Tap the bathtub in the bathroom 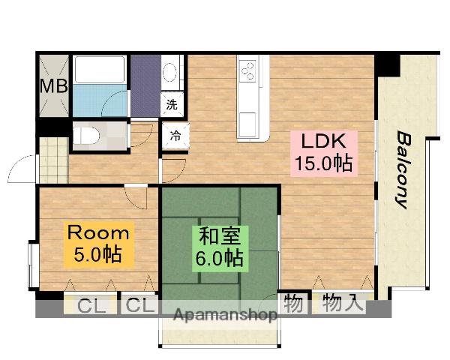(x=101, y=70)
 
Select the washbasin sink (x=171, y=73)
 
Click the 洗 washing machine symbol (x=172, y=105)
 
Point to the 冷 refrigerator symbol (x=174, y=136)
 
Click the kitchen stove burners (x=247, y=72)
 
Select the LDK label (x=322, y=141)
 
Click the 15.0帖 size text (x=323, y=163)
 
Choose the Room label (x=98, y=232)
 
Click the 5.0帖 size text (x=97, y=254)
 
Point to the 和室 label (x=219, y=236)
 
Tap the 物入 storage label (x=343, y=304)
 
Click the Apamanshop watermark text (x=225, y=314)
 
